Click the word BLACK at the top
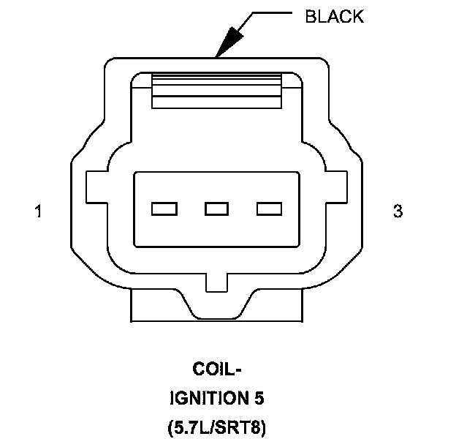[x=334, y=16]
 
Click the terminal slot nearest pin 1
[x=164, y=209]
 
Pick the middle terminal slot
[x=216, y=209]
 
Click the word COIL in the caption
[x=212, y=369]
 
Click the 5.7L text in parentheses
[x=191, y=427]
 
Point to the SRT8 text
[x=243, y=427]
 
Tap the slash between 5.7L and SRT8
[x=216, y=427]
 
